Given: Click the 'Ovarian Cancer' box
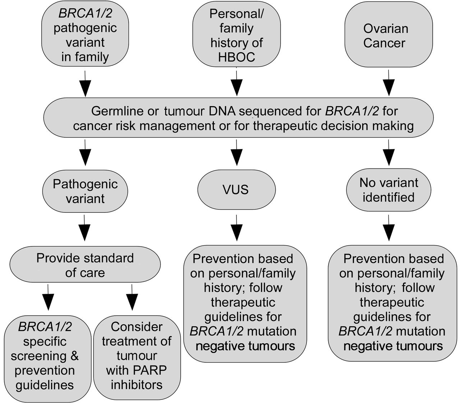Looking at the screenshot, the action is point(388,34).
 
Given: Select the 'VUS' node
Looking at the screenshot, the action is point(236,189).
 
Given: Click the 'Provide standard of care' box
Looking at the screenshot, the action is point(85,264).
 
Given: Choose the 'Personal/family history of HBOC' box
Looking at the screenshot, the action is point(236,34).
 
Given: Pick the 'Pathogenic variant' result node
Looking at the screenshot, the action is point(85,191).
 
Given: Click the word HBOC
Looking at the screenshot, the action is point(236,57).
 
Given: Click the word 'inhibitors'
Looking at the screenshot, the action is point(137,385).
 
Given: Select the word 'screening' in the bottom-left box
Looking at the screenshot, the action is point(38,356).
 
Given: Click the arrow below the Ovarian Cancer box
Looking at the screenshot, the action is point(388,83).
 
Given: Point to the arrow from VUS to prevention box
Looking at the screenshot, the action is point(236,228).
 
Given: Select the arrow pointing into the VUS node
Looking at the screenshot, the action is point(236,153).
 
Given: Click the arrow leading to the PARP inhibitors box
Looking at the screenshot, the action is point(132,297).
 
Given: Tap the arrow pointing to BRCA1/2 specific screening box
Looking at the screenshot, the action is point(48,297).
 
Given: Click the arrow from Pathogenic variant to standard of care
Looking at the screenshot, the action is point(84,228).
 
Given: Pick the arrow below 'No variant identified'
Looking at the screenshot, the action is point(388,228).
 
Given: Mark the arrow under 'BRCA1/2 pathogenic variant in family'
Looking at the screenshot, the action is point(85,84).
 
